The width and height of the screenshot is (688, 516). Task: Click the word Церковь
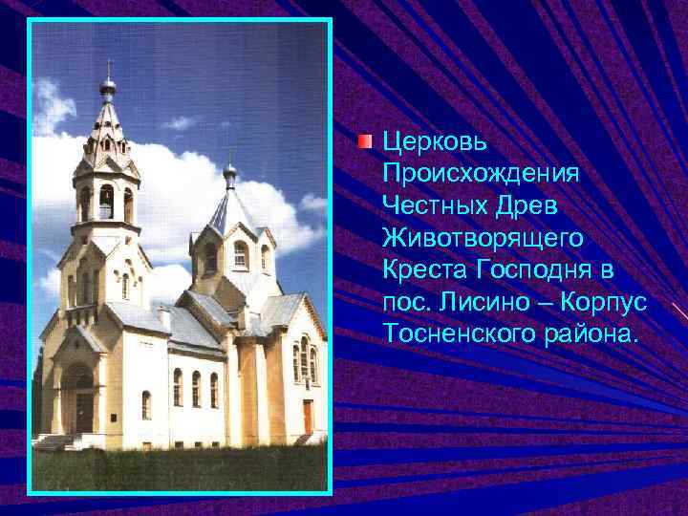435,143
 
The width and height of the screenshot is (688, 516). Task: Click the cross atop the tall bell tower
108,69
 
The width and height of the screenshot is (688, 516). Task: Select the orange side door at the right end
309,417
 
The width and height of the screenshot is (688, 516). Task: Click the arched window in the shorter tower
240,254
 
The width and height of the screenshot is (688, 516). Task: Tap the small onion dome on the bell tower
108,89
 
